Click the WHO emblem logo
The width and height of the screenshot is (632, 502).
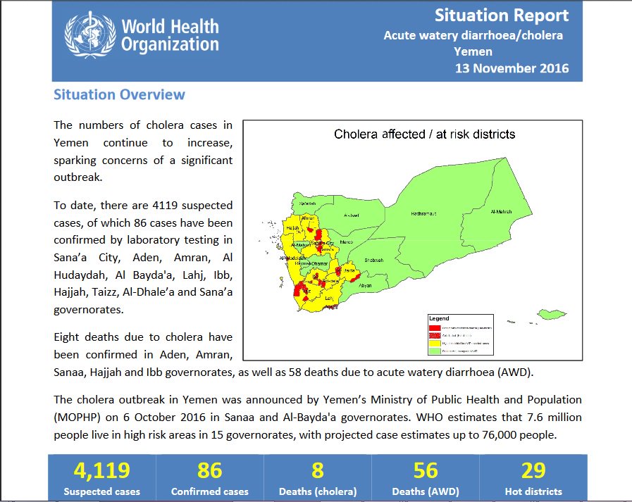89,35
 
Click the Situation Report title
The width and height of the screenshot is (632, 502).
501,15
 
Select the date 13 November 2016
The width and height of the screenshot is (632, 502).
512,68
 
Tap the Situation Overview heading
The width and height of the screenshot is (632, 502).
119,94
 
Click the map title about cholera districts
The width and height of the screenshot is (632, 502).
424,134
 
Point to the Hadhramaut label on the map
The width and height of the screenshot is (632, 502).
422,213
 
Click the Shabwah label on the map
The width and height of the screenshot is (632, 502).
373,260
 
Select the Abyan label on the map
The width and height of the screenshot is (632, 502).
365,285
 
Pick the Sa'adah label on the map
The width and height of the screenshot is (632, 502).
307,203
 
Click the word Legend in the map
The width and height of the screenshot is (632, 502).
439,318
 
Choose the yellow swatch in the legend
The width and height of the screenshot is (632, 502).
435,343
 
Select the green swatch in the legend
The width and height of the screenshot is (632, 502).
435,351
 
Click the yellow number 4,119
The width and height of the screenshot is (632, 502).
102,470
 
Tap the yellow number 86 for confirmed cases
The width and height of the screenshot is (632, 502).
210,470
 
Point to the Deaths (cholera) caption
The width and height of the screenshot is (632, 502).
318,491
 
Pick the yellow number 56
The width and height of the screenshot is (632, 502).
426,470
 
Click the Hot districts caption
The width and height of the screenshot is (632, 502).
533,491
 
